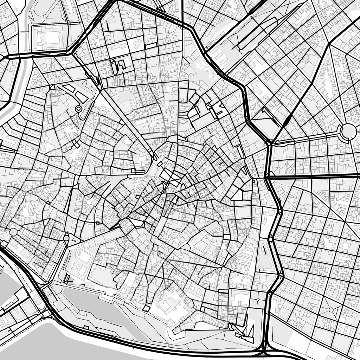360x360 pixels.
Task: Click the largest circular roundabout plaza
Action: tap(348, 131)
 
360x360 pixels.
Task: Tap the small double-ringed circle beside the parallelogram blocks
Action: tap(78, 109)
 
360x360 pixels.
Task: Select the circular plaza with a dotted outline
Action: tap(13, 232)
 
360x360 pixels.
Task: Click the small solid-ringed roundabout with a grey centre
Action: tap(66, 238)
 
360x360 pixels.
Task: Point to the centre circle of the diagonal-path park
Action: tap(331, 309)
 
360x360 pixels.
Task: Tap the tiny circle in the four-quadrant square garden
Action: tap(258, 300)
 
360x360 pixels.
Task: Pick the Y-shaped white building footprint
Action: tap(137, 44)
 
